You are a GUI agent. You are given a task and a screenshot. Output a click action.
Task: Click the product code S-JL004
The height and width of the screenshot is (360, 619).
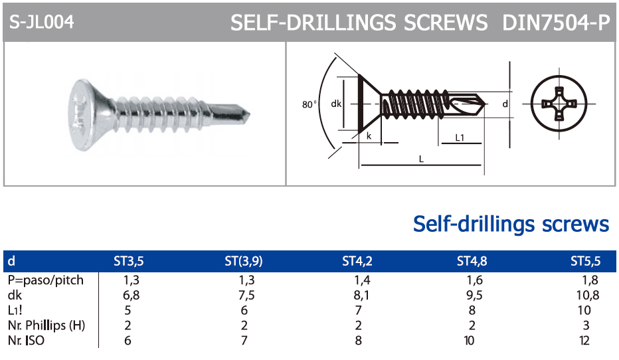pyautogui.click(x=41, y=22)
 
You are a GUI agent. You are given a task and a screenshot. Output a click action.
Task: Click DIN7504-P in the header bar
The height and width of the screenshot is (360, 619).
pyautogui.click(x=556, y=23)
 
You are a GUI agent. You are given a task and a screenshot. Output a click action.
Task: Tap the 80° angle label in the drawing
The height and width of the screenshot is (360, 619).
pyautogui.click(x=309, y=104)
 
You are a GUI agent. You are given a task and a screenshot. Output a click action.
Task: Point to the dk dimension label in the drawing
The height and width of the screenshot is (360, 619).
pyautogui.click(x=336, y=104)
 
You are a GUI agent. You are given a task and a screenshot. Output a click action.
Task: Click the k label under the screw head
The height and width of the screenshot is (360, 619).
pyautogui.click(x=369, y=136)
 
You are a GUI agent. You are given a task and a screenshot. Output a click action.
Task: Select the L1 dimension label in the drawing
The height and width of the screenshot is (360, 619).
pyautogui.click(x=460, y=137)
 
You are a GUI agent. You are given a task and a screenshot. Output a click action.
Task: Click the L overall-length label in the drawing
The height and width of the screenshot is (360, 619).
pyautogui.click(x=421, y=159)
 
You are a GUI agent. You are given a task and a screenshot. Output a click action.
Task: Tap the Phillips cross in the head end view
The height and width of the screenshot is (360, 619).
pyautogui.click(x=559, y=104)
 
